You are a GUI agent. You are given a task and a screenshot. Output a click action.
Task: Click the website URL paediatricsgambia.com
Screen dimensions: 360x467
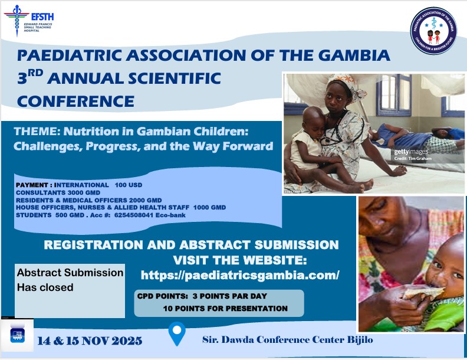(x=240, y=275)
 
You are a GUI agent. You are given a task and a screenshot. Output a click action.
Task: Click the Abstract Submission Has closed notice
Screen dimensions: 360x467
(x=70, y=280)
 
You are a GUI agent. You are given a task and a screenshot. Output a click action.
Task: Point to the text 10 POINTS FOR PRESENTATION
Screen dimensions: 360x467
(x=225, y=308)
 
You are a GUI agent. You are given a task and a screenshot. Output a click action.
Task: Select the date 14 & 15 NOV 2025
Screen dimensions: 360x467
(x=89, y=341)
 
